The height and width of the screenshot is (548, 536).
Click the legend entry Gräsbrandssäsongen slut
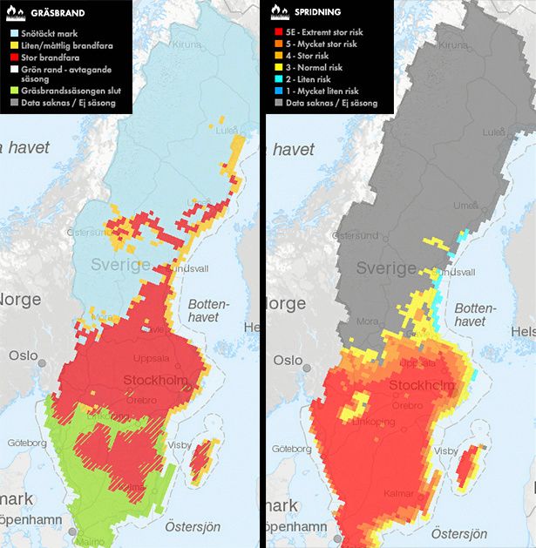click(x=66, y=91)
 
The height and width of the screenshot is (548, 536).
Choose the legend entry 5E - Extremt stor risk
click(x=324, y=31)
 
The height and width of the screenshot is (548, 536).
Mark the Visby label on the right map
click(x=445, y=451)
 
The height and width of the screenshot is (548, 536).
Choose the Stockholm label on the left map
click(x=154, y=380)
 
